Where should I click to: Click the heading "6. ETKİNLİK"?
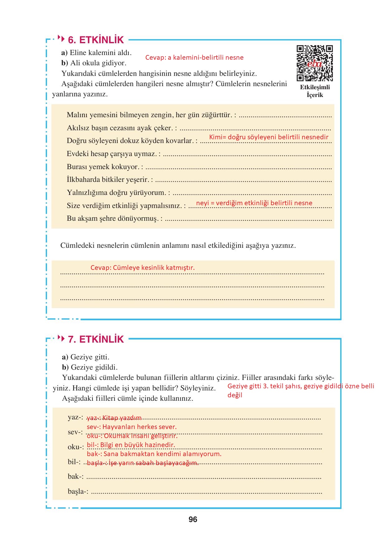pos(96,40)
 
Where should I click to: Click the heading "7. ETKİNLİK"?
pos(96,339)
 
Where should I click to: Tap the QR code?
pos(314,63)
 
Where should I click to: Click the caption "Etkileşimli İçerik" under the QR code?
pos(315,91)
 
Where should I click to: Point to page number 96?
pos(193,520)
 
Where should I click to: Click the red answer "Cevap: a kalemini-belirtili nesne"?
pos(194,58)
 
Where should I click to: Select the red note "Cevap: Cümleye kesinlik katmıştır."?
pos(143,268)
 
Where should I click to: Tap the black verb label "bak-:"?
pos(76,476)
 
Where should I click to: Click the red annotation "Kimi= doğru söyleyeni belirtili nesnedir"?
pos(269,137)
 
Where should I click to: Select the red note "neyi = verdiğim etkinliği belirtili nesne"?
pos(254,203)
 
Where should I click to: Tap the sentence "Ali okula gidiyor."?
pos(98,63)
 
